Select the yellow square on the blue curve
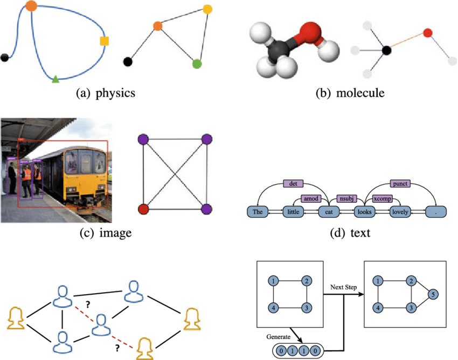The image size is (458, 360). tap(105, 41)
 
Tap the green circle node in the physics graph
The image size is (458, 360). tap(197, 64)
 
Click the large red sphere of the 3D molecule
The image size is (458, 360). tap(309, 32)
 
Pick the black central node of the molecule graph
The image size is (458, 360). tap(386, 51)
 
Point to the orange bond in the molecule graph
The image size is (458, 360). tap(407, 41)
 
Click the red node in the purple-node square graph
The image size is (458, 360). tap(143, 209)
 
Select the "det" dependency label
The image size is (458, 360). tap(293, 183)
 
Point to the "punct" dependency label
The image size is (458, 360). tap(400, 183)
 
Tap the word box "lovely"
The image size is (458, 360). tap(400, 212)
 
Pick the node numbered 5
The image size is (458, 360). tap(434, 295)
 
